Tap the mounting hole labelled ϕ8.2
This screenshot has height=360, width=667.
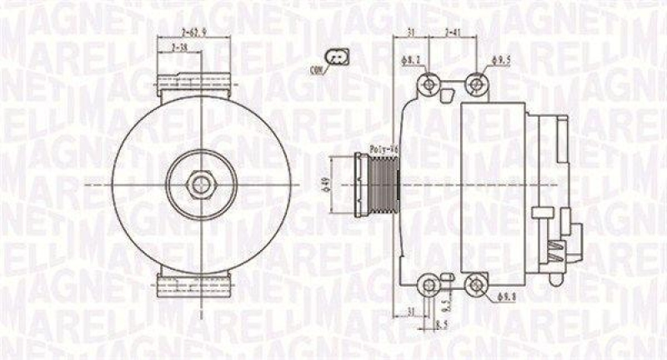(x=429, y=84)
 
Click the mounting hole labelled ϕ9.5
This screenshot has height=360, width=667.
(x=476, y=83)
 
